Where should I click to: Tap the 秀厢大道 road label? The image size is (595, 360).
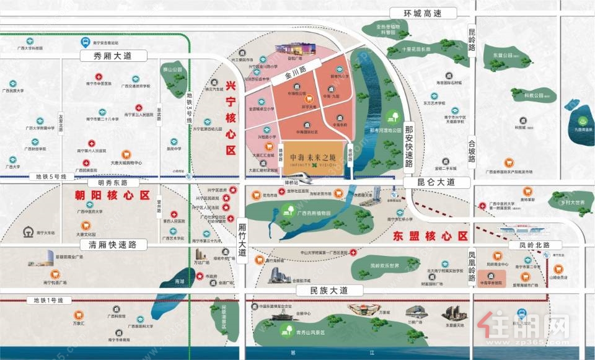point(113,56)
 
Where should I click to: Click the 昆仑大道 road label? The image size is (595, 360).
point(437,182)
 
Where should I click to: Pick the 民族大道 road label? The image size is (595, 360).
point(321,290)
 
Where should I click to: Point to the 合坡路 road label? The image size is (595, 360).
point(472,149)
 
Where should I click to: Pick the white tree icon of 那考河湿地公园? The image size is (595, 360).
point(391,116)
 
